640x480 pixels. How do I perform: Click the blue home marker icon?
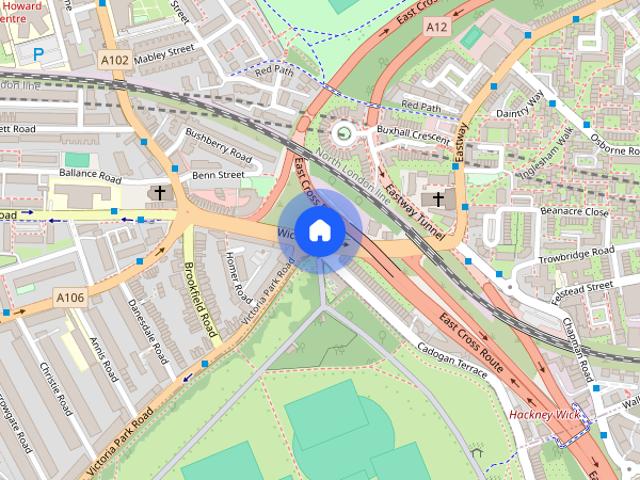[x=319, y=231]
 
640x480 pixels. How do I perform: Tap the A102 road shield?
[x=115, y=61]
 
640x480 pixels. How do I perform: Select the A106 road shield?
[x=70, y=297]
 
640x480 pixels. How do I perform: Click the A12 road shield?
[x=436, y=27]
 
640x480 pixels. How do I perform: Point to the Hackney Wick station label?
[x=544, y=414]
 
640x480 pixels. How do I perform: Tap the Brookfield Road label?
[x=201, y=299]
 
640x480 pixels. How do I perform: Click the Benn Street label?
[x=218, y=174]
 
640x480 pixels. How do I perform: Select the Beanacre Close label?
[x=574, y=212]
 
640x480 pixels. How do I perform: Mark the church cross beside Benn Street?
[x=159, y=191]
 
